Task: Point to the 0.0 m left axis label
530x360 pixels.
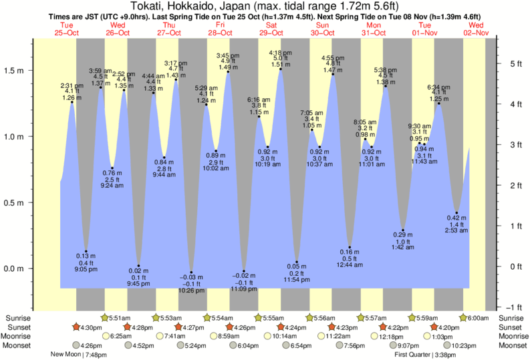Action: (x=15, y=268)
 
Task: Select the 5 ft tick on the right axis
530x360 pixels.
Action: (x=498, y=63)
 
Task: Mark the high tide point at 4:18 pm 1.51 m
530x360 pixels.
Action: (x=280, y=69)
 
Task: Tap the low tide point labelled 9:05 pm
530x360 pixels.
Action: (x=86, y=252)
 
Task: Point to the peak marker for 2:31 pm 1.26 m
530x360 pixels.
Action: (x=72, y=102)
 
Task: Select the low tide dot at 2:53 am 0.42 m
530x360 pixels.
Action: (x=456, y=213)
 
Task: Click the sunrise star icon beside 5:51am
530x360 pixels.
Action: (x=104, y=318)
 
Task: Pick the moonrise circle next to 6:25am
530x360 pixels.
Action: (x=105, y=337)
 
